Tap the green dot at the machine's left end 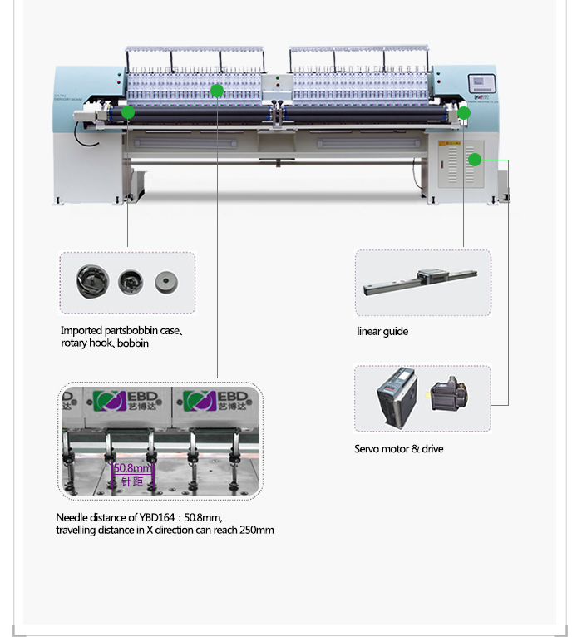[x=128, y=112]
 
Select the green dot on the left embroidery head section [x=217, y=91]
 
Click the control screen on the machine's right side [x=481, y=84]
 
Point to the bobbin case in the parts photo [x=86, y=282]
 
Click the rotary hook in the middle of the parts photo [x=130, y=282]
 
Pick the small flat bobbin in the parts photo [x=166, y=282]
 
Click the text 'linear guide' [x=382, y=332]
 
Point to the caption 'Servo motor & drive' [x=398, y=449]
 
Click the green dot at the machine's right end [x=464, y=112]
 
